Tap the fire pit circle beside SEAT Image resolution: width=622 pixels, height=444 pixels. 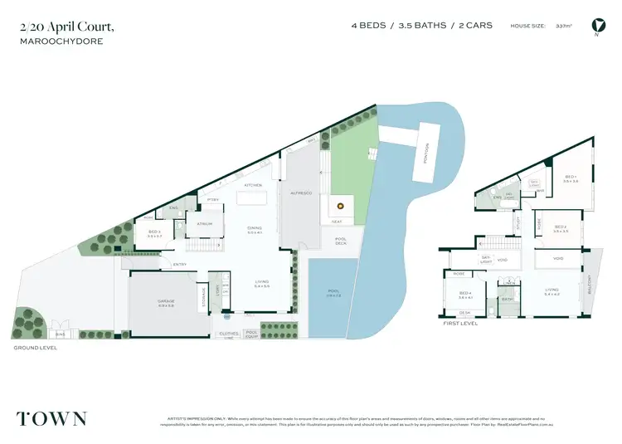338,207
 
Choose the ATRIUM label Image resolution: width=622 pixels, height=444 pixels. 204,224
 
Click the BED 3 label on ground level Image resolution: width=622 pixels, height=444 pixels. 154,233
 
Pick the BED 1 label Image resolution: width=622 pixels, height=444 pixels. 571,178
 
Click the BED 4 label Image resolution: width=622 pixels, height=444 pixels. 464,295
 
